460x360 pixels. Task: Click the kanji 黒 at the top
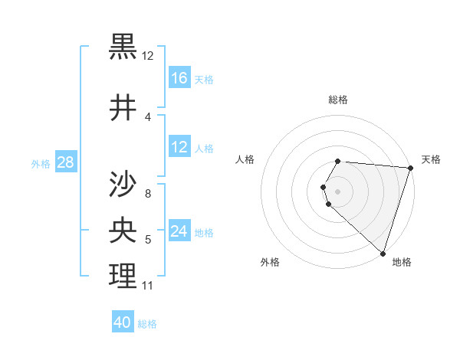pyautogui.click(x=123, y=47)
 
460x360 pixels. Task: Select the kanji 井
pyautogui.click(x=123, y=108)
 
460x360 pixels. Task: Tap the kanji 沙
pyautogui.click(x=123, y=185)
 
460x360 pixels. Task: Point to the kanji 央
pyautogui.click(x=123, y=231)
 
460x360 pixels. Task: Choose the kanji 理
pyautogui.click(x=123, y=277)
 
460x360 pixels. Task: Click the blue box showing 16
pyautogui.click(x=179, y=78)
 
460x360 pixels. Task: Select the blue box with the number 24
pyautogui.click(x=179, y=231)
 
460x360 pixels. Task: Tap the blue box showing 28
pyautogui.click(x=65, y=162)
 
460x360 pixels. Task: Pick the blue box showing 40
pyautogui.click(x=123, y=322)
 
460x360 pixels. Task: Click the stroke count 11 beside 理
pyautogui.click(x=147, y=286)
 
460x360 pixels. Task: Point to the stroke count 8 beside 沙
pyautogui.click(x=147, y=194)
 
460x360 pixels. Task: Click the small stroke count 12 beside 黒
pyautogui.click(x=147, y=56)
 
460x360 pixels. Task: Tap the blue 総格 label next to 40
pyautogui.click(x=147, y=324)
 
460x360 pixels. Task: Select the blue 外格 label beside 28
pyautogui.click(x=41, y=163)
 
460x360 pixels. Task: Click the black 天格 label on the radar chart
pyautogui.click(x=431, y=159)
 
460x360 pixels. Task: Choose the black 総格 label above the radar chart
pyautogui.click(x=338, y=100)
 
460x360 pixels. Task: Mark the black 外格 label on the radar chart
pyautogui.click(x=270, y=262)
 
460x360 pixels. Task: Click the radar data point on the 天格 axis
pyautogui.click(x=409, y=168)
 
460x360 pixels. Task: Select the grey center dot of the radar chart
pyautogui.click(x=338, y=191)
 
